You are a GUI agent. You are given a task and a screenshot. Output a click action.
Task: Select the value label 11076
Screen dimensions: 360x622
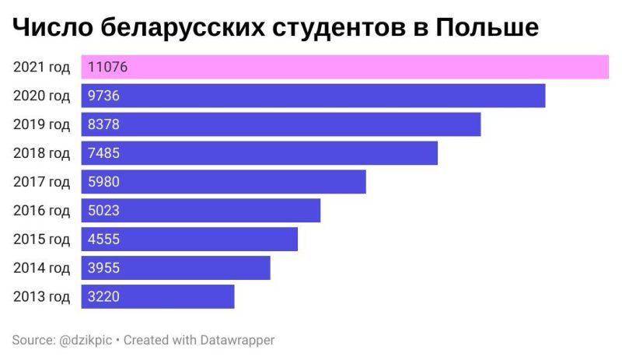107,68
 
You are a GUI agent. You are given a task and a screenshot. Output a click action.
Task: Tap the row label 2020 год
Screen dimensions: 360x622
41,96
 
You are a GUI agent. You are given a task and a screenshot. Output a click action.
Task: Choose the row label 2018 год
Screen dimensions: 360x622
41,153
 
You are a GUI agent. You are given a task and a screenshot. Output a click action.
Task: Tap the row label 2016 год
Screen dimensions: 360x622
41,211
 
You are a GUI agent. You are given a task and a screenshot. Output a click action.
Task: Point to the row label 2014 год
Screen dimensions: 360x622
41,268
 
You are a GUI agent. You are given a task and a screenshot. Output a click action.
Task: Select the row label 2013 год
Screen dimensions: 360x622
41,296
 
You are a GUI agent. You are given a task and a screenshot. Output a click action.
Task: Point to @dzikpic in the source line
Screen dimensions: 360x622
85,340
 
